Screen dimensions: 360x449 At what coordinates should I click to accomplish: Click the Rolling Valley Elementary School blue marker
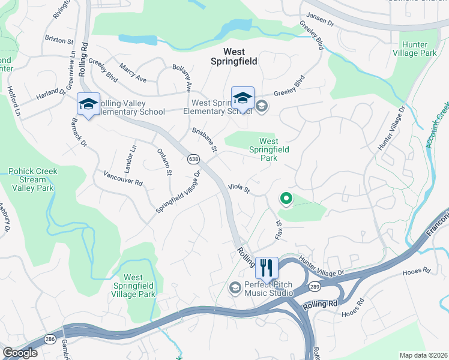(x=88, y=104)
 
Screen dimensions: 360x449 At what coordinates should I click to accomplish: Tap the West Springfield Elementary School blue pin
(x=243, y=98)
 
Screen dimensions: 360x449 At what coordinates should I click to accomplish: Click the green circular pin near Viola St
(x=286, y=198)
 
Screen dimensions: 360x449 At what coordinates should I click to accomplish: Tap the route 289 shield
(x=315, y=287)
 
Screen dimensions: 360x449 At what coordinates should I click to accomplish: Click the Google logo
(x=19, y=352)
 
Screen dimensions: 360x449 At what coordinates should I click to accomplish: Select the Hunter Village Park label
(x=420, y=49)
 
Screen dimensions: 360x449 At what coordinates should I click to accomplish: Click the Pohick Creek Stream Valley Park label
(x=32, y=179)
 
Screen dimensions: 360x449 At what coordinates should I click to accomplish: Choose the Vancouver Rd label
(x=122, y=178)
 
